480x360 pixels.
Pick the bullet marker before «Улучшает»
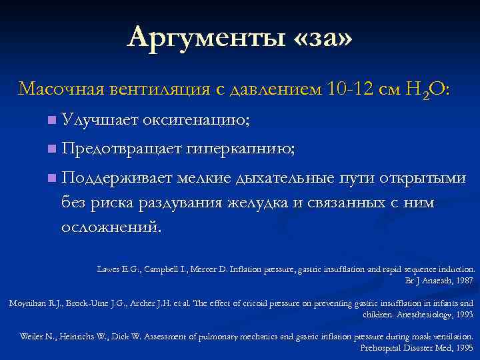[51, 121]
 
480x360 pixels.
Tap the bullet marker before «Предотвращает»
[51, 150]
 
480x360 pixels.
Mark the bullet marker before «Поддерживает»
[51, 179]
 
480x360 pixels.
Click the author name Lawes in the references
[109, 269]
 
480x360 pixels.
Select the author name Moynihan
[28, 303]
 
